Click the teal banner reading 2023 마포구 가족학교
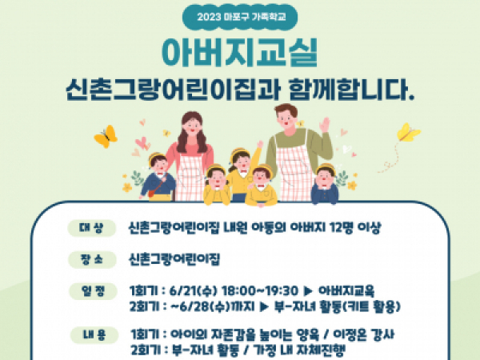pos(240,17)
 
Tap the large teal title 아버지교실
pos(240,52)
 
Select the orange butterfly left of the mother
pos(106,137)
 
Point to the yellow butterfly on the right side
pos(408,133)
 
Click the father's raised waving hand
pos(324,125)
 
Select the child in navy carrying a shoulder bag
pos(157,178)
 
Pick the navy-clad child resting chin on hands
pos(325,185)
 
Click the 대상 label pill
pos(91,228)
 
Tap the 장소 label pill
pos(92,260)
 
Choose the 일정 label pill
pos(93,291)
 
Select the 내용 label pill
pos(94,335)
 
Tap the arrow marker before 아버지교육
pos(308,291)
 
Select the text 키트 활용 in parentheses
pos(371,306)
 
